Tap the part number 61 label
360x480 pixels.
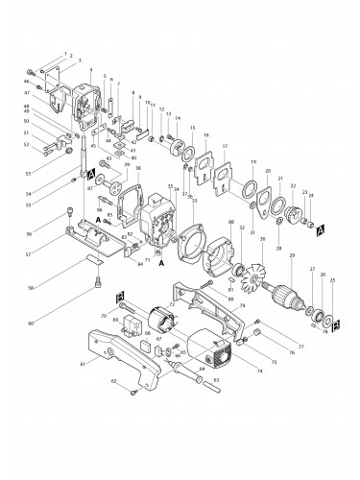click(83, 365)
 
